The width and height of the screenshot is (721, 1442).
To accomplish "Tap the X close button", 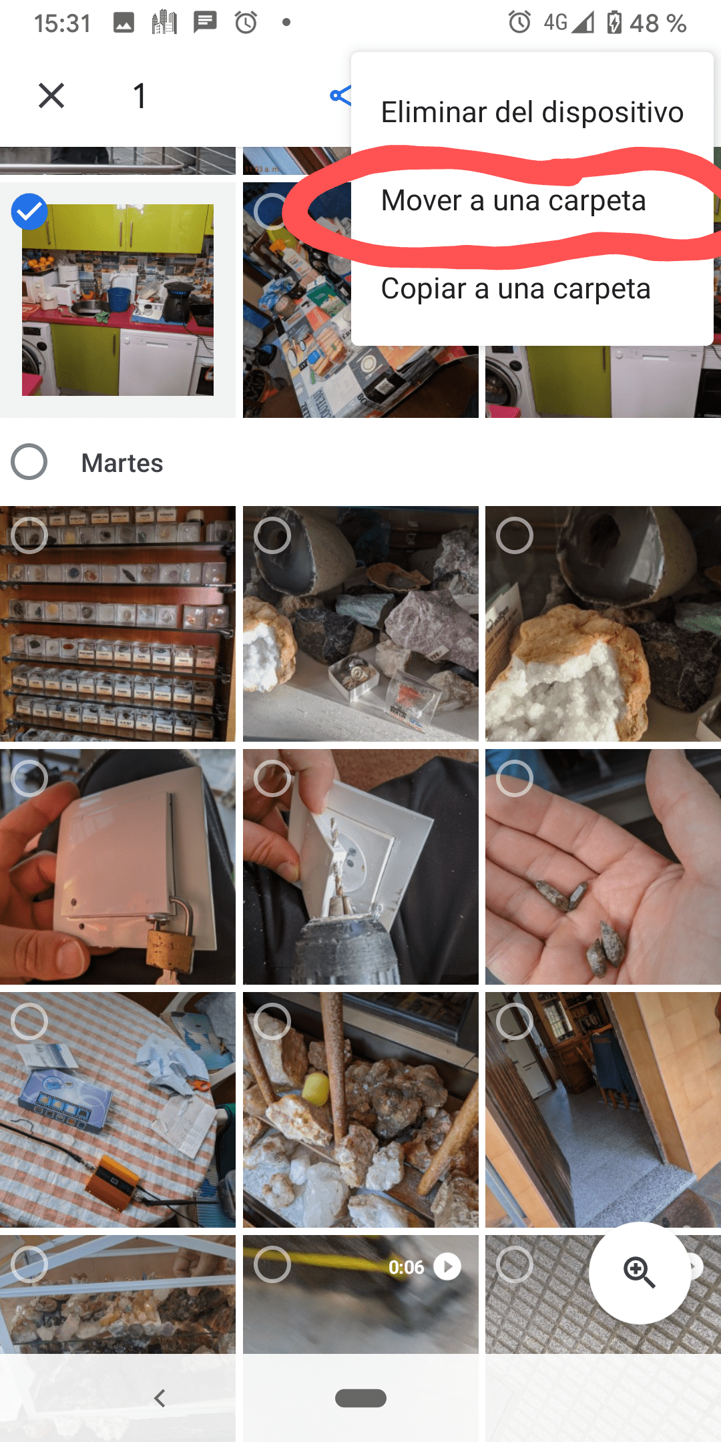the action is coord(51,95).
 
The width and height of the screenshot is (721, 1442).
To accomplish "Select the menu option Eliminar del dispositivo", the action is coord(532,112).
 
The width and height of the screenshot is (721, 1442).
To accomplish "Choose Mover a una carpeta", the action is coord(513,200).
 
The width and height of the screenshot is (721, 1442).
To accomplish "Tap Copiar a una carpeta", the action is coord(515,288).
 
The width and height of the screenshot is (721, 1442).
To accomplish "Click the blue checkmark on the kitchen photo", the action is coord(29,212).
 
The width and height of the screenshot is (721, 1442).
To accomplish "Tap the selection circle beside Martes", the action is coord(29,462).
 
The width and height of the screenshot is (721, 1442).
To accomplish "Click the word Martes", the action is coord(122,463).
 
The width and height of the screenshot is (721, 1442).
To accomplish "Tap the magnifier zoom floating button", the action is coord(640,1272).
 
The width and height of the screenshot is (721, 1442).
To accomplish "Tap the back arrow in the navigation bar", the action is coord(160,1398).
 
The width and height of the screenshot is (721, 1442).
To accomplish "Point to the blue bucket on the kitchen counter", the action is coord(119,299).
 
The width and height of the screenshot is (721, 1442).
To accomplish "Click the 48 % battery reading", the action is coord(658,24).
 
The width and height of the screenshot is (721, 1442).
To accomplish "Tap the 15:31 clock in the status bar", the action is coord(62,24).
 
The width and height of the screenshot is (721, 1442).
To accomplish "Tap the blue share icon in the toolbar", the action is coord(340,95).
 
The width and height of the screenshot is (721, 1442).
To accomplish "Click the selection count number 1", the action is coord(139,95).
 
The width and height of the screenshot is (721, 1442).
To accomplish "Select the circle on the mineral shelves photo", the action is coord(29,535).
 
